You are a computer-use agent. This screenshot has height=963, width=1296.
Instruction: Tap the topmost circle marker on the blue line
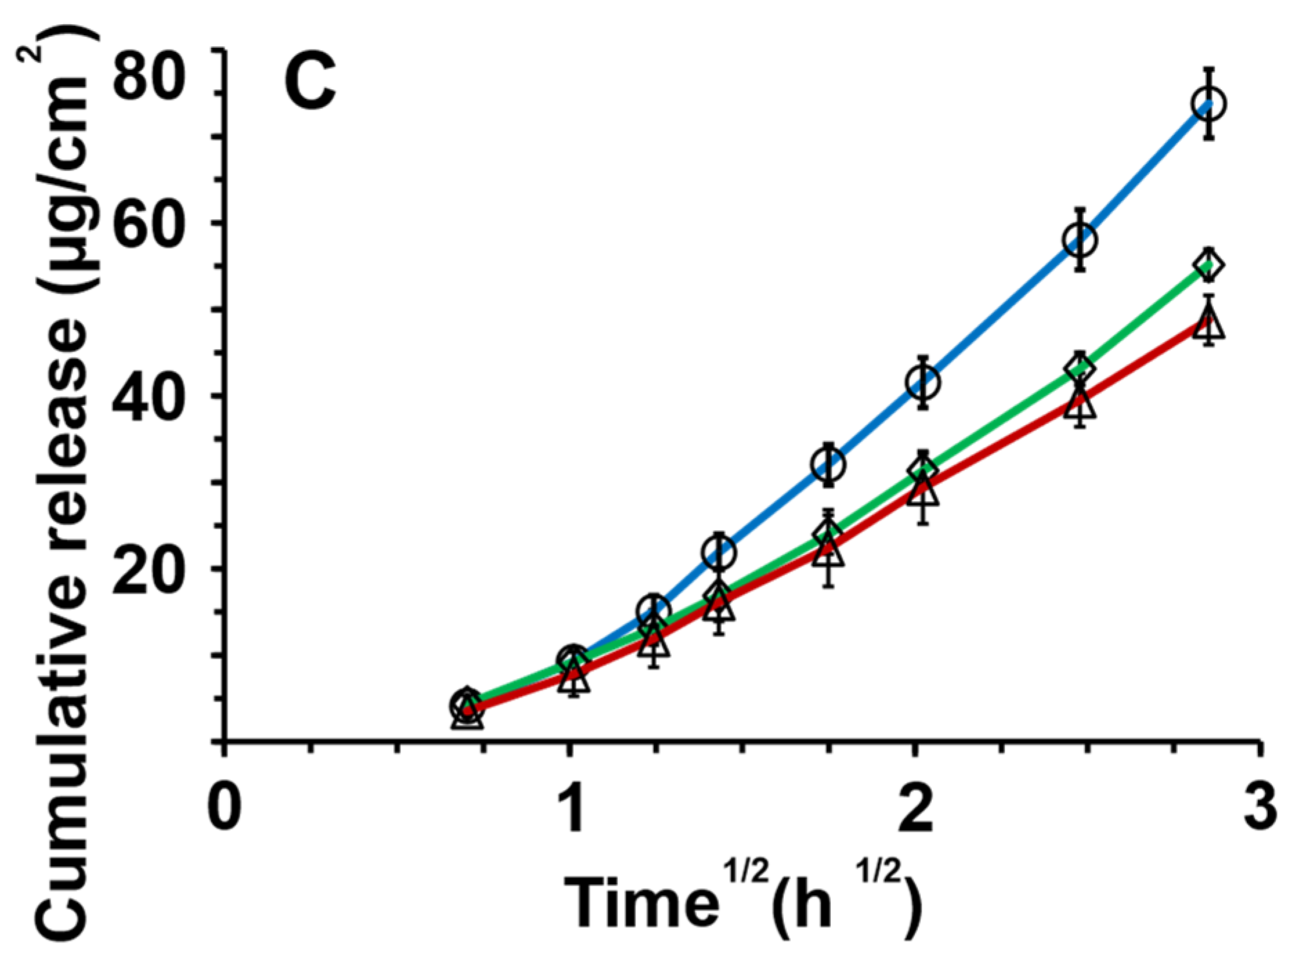(1208, 104)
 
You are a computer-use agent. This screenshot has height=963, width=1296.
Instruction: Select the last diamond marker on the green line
(1208, 265)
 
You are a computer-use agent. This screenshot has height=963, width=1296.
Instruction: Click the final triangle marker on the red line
(1208, 324)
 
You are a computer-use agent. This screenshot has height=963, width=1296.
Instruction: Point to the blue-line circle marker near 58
(1080, 240)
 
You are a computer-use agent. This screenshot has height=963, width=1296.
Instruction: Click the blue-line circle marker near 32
(828, 464)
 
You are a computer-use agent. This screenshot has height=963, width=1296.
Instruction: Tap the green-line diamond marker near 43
(1080, 368)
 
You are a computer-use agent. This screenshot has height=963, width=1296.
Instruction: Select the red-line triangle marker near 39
(1080, 403)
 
